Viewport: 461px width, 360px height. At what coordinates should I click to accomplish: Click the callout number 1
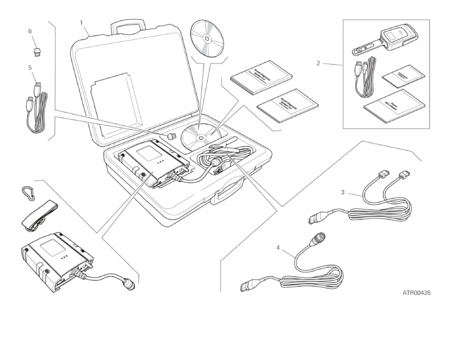point(82,23)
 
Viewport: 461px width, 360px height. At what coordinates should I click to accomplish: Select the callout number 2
point(318,63)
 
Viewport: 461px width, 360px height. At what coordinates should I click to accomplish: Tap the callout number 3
point(343,191)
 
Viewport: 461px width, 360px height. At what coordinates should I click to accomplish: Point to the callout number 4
point(278,247)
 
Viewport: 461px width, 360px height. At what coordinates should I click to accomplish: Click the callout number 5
point(30,68)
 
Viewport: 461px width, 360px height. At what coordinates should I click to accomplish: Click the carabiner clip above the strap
point(27,193)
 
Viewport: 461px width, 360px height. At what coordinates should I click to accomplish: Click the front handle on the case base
point(227,192)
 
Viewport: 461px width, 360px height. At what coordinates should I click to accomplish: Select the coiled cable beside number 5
point(36,111)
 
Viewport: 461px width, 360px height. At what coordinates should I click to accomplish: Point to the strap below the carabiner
point(39,215)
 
